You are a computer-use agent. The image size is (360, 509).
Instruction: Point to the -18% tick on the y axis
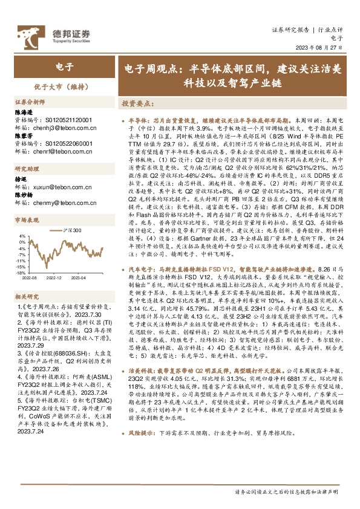21,273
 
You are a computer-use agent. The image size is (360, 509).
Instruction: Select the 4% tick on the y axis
22,236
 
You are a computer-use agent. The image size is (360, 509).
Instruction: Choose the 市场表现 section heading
27,221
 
